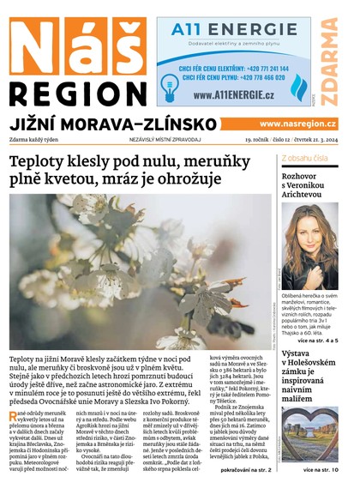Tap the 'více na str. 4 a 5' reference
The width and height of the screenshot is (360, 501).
(x=315, y=341)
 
